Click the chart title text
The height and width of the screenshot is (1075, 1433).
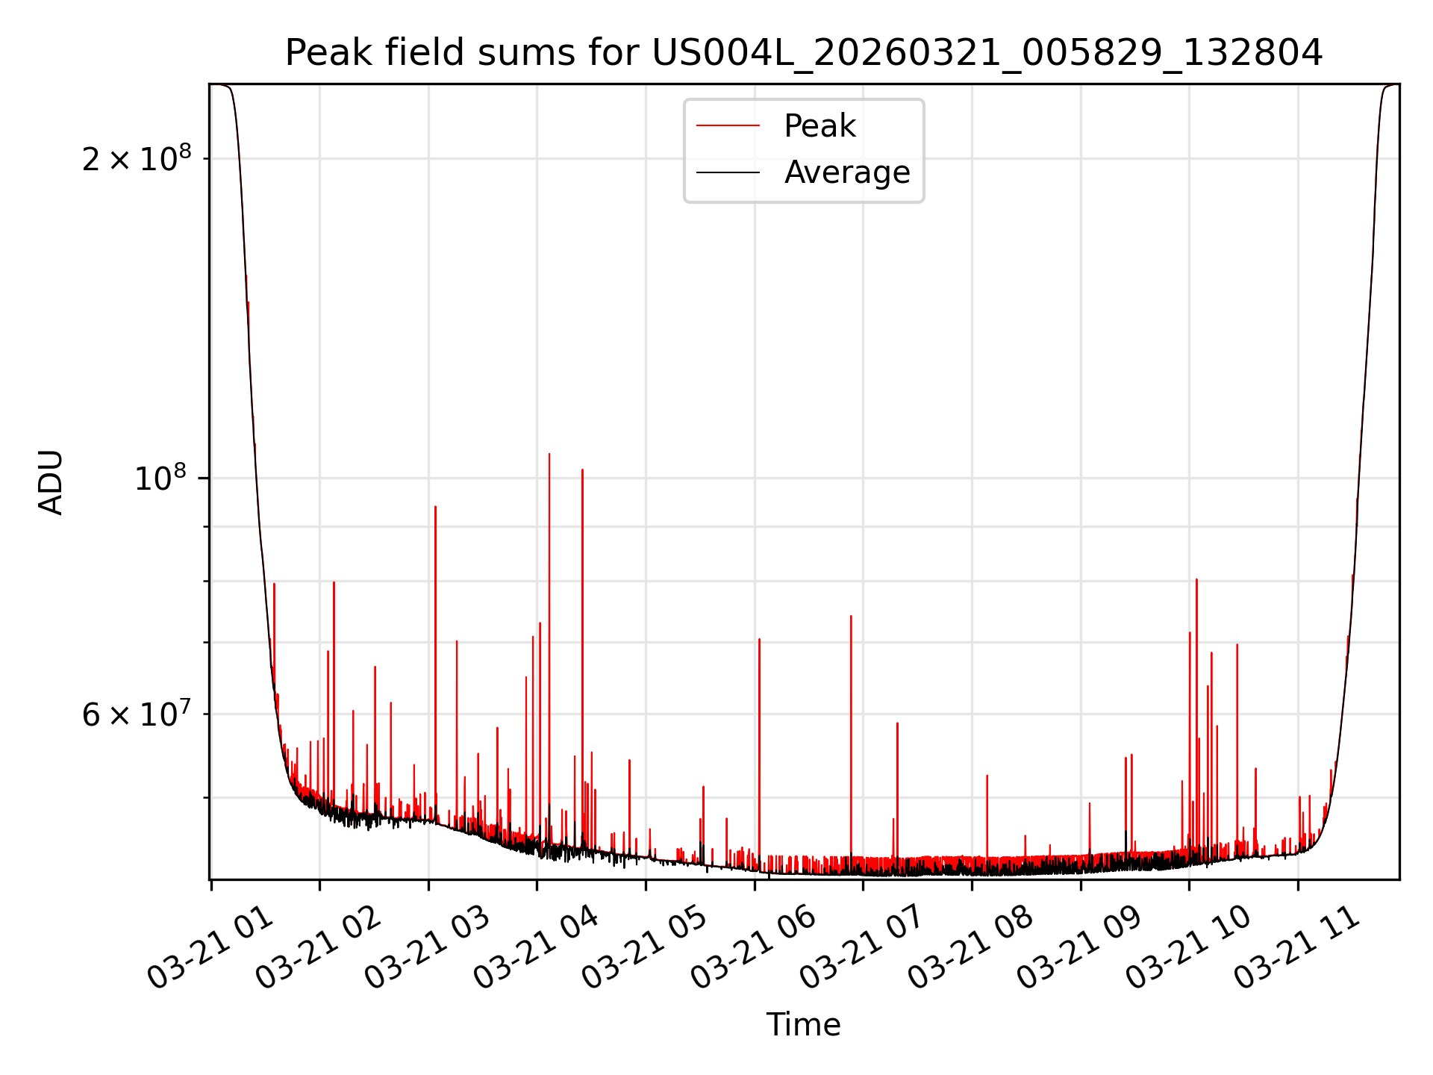tap(804, 53)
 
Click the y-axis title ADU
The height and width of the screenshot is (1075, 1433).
tap(51, 482)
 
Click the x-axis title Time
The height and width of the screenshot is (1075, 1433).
tap(803, 1025)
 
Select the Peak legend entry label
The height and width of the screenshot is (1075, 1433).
tap(819, 126)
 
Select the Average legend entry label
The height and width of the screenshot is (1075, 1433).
tap(847, 172)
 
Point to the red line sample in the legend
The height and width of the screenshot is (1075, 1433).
tap(728, 126)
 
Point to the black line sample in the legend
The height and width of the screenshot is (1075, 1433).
tap(728, 172)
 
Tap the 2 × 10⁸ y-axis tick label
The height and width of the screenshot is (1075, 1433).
tap(137, 159)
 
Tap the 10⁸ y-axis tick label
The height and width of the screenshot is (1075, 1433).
tap(162, 478)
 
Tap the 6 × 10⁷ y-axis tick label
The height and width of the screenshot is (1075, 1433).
tap(137, 714)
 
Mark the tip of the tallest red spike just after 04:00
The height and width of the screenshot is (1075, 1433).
tap(549, 454)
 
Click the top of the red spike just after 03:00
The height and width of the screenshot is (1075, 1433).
tap(435, 507)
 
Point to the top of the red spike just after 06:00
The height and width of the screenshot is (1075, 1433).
tap(759, 640)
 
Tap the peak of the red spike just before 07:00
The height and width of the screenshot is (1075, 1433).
tap(851, 617)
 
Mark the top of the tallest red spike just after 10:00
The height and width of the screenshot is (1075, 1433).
tap(1196, 580)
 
